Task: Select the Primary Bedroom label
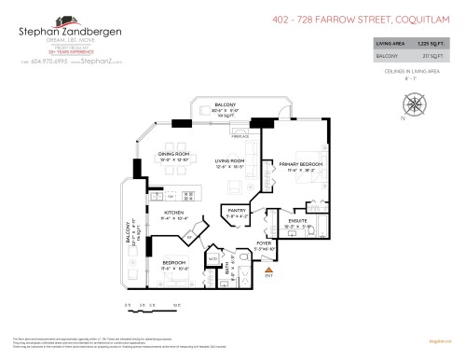[295, 165]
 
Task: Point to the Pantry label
[236, 213]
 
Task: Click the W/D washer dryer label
[212, 258]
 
